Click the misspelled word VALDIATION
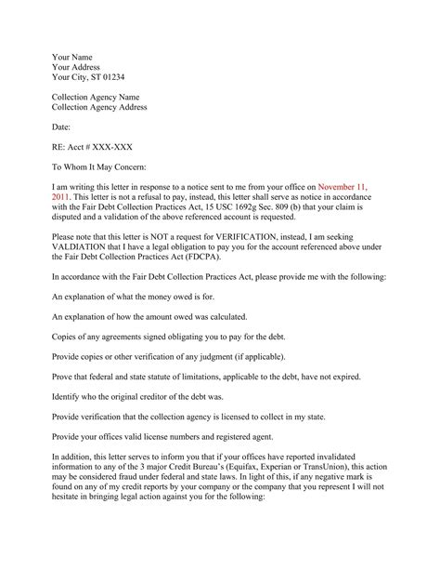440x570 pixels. (89, 249)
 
